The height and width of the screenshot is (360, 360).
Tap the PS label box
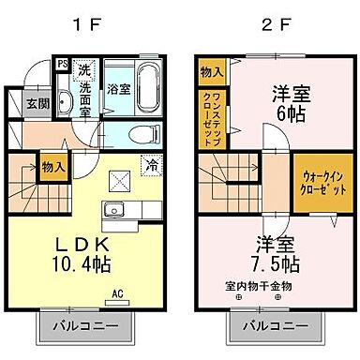pyautogui.click(x=62, y=65)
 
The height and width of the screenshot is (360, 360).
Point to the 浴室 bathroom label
pyautogui.click(x=119, y=91)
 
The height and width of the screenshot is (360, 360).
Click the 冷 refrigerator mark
pyautogui.click(x=151, y=166)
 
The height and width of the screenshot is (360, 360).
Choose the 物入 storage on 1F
pyautogui.click(x=53, y=167)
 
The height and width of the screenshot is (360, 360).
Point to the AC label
pyautogui.click(x=118, y=292)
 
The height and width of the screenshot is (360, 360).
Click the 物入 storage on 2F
pyautogui.click(x=211, y=71)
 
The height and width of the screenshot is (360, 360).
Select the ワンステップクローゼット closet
pyautogui.click(x=210, y=118)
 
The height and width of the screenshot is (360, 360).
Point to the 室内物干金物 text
pyautogui.click(x=259, y=285)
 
